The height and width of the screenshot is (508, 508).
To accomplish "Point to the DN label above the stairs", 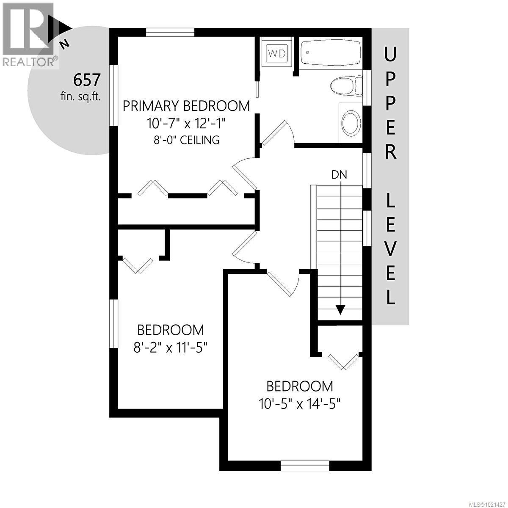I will click(339, 175).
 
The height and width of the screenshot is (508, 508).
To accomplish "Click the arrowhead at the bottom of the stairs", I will click(340, 310).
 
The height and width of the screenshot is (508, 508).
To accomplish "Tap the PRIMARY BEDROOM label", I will click(186, 106).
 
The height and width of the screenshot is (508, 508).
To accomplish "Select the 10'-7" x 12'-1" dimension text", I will click(186, 124).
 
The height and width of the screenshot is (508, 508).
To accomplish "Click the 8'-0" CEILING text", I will click(186, 140).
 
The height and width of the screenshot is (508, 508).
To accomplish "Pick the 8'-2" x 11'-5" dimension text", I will click(170, 348).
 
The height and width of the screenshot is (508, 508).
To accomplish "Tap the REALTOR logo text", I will click(29, 62).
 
